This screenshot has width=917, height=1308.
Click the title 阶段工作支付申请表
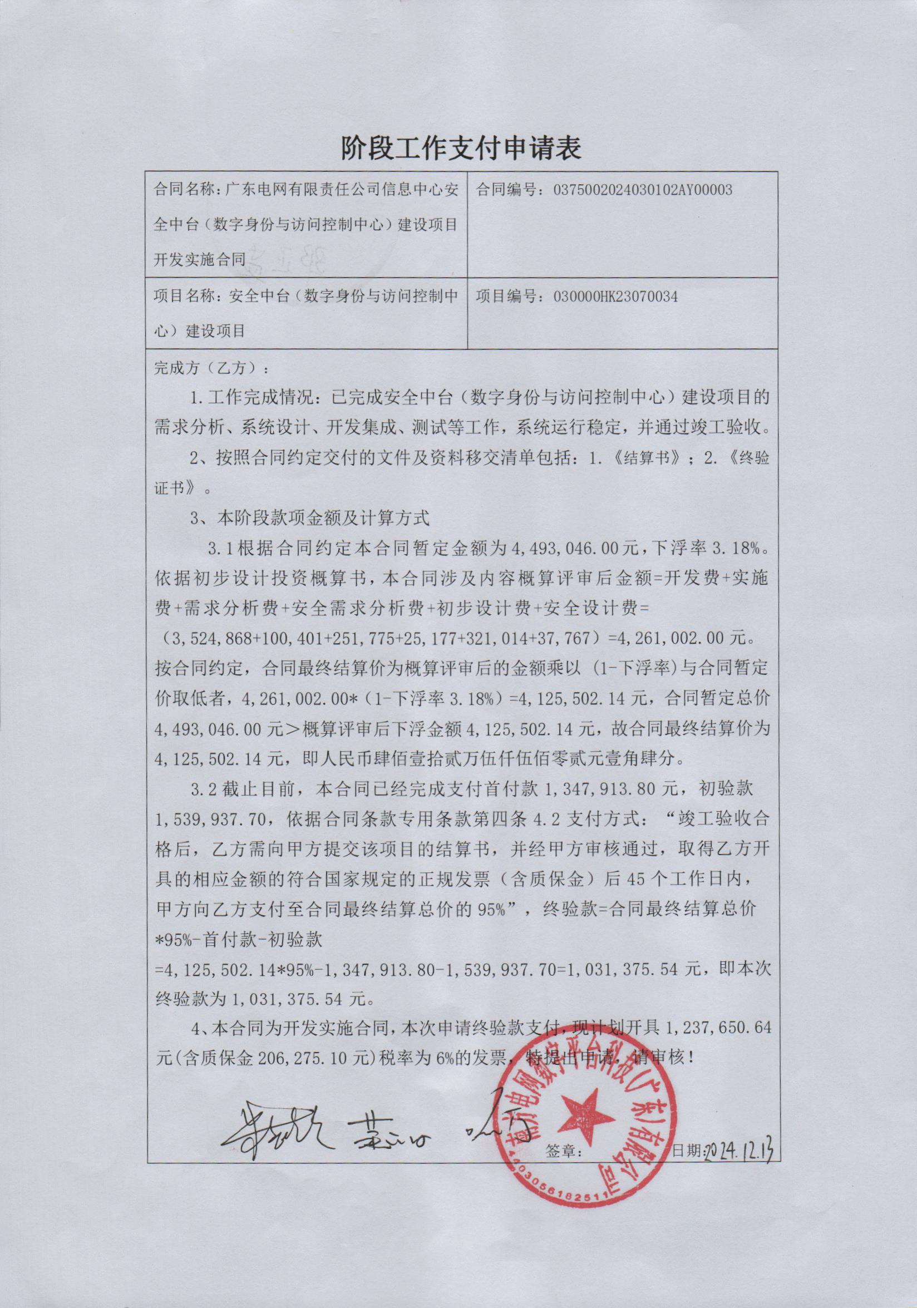[x=461, y=148]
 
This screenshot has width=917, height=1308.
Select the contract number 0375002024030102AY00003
[x=642, y=190]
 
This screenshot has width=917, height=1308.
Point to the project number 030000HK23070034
[x=615, y=297]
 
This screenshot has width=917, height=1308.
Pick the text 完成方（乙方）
[x=209, y=368]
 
